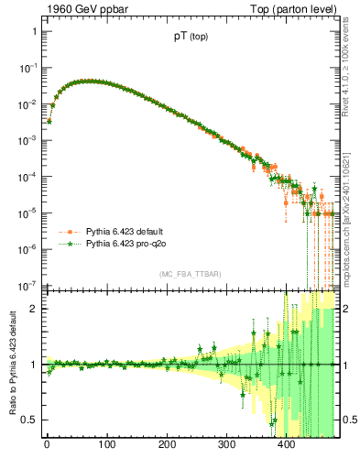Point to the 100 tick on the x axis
106,446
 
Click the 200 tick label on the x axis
167,446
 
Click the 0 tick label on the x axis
47,446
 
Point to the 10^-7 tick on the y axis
28,284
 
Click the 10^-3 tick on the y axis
28,139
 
